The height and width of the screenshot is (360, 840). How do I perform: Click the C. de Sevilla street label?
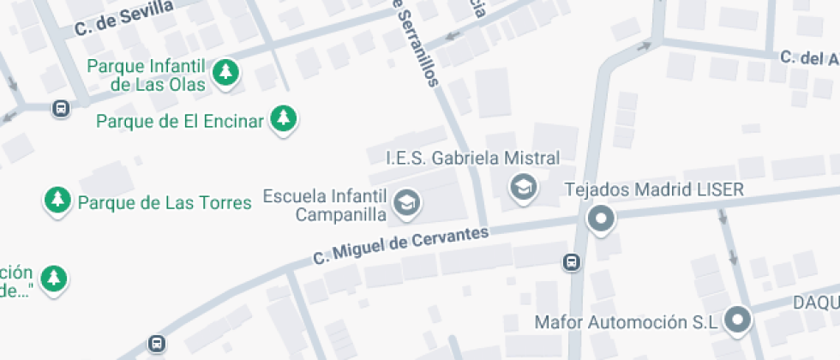[124, 18]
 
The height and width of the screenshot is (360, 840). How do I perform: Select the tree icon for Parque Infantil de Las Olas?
[226, 72]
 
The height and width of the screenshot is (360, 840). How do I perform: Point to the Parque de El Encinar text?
[179, 121]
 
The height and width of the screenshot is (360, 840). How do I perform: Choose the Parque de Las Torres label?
[164, 203]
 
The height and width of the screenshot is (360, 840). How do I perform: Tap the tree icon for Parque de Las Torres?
[57, 201]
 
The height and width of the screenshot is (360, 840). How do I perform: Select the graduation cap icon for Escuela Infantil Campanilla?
[406, 203]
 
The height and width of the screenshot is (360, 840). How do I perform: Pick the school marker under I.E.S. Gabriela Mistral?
[523, 186]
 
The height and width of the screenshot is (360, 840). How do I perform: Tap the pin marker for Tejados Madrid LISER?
[601, 219]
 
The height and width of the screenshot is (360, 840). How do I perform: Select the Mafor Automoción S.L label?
[625, 322]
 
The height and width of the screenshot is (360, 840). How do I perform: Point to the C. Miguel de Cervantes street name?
[400, 245]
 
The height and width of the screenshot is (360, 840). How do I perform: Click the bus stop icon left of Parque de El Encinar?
[61, 109]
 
